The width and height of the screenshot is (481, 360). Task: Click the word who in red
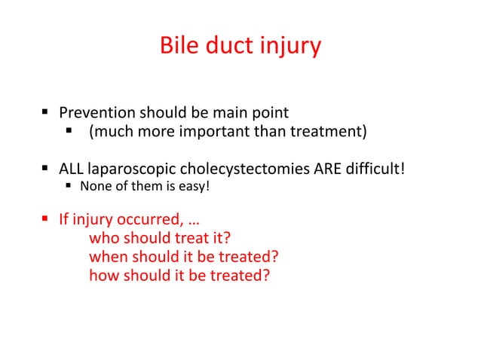pos(103,240)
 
